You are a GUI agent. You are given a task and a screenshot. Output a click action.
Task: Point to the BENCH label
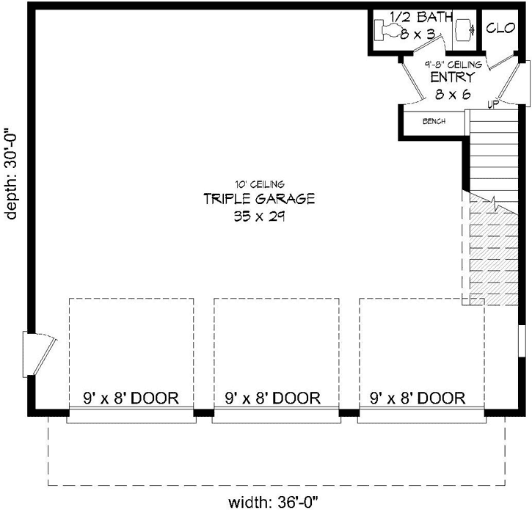[434, 121]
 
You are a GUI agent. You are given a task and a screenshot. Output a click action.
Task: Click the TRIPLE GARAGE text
[259, 199]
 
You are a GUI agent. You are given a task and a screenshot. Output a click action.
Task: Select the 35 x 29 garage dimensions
[259, 216]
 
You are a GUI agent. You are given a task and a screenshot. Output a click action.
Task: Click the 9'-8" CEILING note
[453, 64]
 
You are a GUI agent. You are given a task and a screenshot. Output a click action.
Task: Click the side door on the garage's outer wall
[40, 354]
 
